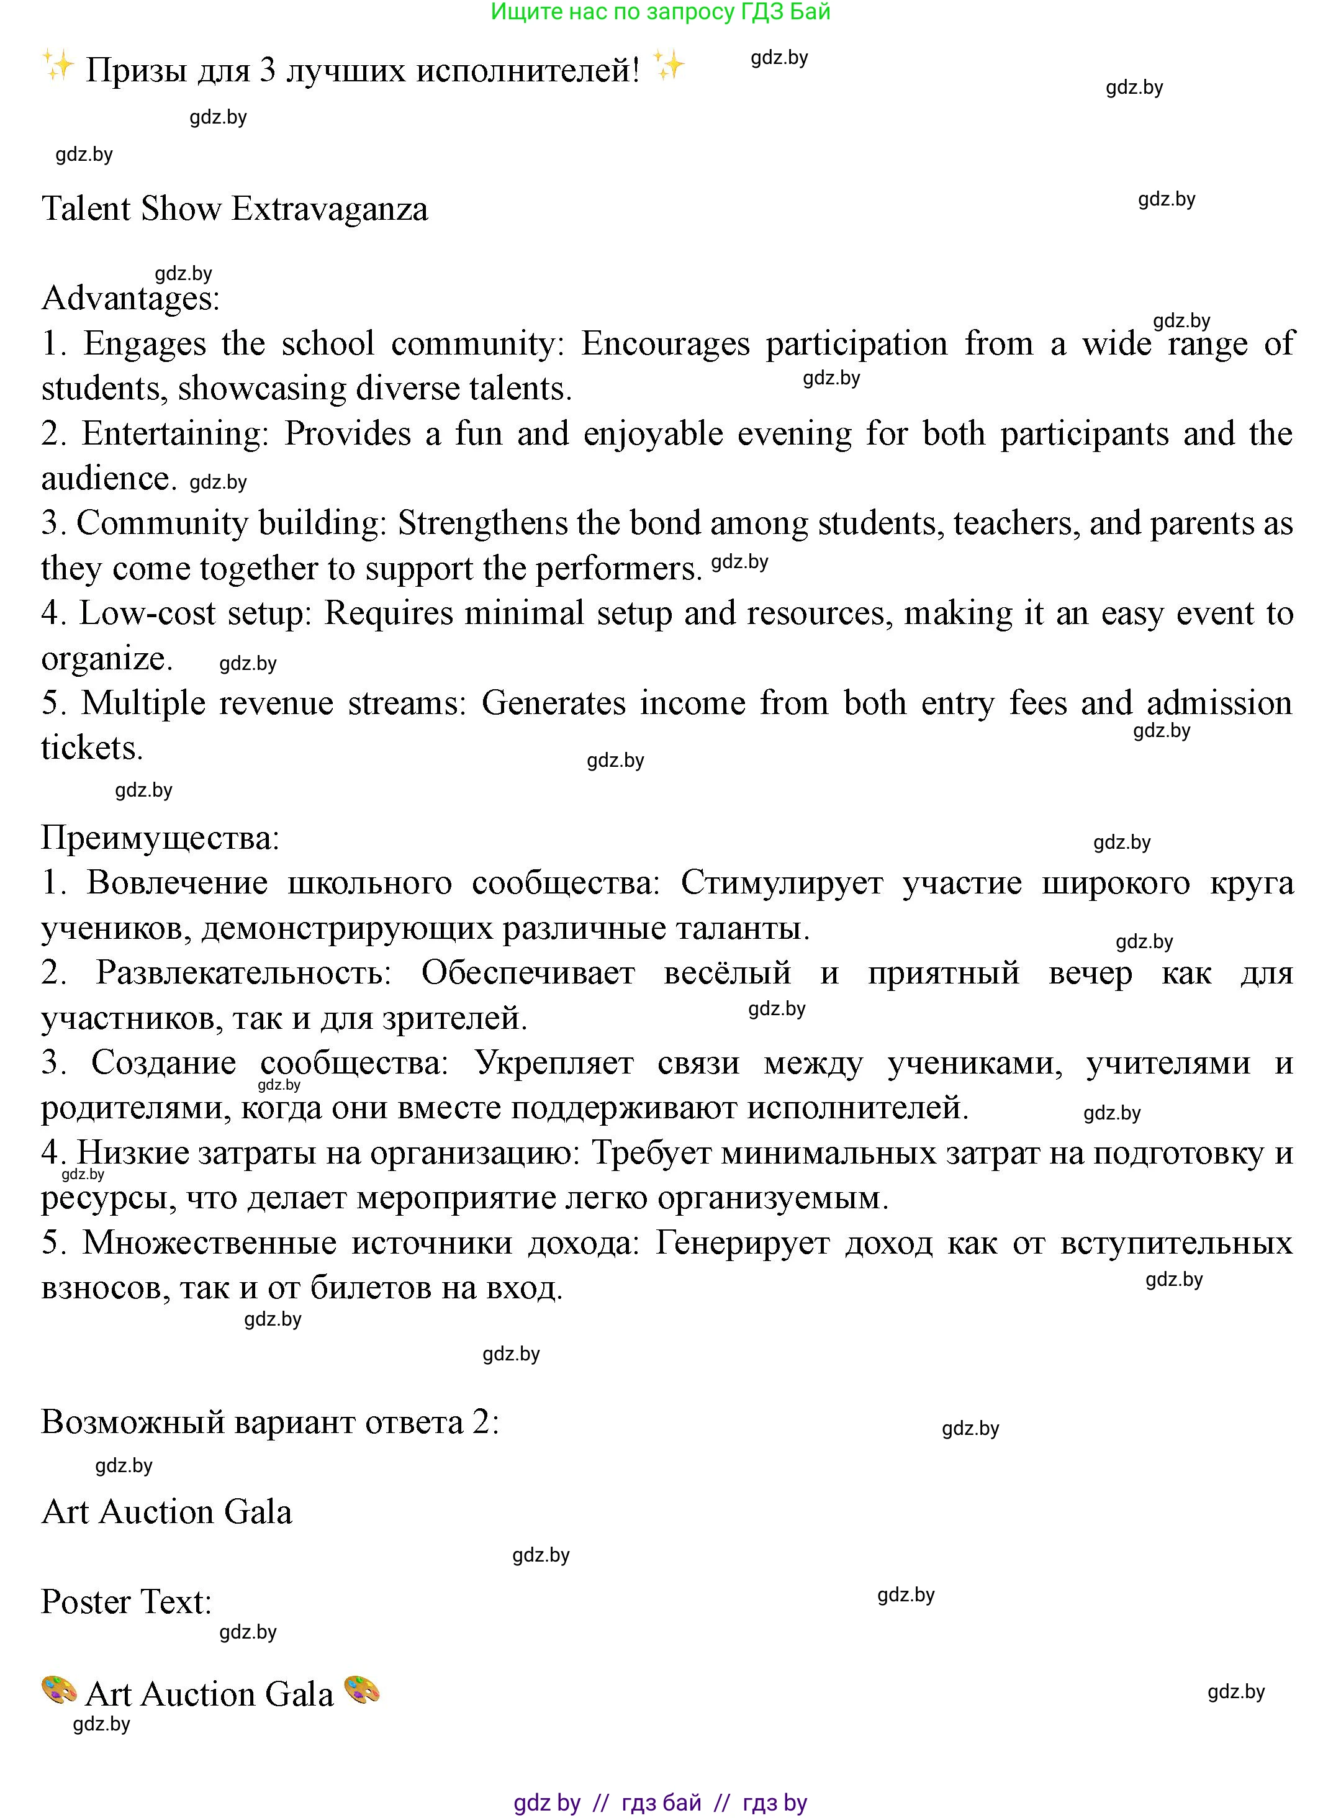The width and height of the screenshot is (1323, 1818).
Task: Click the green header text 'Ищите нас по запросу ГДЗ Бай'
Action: [x=661, y=12]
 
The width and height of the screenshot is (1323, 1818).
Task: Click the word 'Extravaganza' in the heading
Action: [x=329, y=209]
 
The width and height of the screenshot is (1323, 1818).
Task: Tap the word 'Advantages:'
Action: [x=130, y=299]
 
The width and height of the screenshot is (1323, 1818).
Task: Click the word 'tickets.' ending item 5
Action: [x=91, y=749]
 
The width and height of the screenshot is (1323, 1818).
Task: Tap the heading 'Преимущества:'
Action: [x=160, y=838]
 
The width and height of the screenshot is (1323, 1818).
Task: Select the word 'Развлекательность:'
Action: [x=243, y=973]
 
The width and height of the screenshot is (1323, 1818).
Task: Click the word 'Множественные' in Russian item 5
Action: [x=209, y=1242]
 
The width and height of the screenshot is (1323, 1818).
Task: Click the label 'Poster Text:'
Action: [x=126, y=1601]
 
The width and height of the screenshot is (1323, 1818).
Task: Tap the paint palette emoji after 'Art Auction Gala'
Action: [x=361, y=1691]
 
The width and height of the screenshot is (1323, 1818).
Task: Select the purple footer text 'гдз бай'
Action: [x=661, y=1802]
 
